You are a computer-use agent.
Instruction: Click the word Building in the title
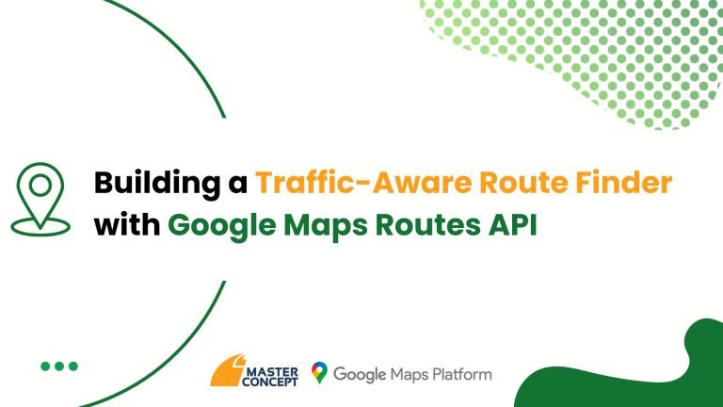click(157, 184)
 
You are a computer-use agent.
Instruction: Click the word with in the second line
click(127, 225)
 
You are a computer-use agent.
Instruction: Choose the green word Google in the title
click(222, 227)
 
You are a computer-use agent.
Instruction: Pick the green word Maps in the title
click(326, 227)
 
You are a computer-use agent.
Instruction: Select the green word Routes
click(428, 226)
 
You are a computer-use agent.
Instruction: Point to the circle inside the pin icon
click(40, 186)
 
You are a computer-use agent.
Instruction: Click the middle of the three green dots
click(59, 366)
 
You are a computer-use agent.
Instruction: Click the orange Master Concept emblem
click(227, 371)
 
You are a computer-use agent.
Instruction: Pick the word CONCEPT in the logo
click(270, 382)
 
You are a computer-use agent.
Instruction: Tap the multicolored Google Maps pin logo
click(319, 373)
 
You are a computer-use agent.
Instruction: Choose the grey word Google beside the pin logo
click(360, 375)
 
